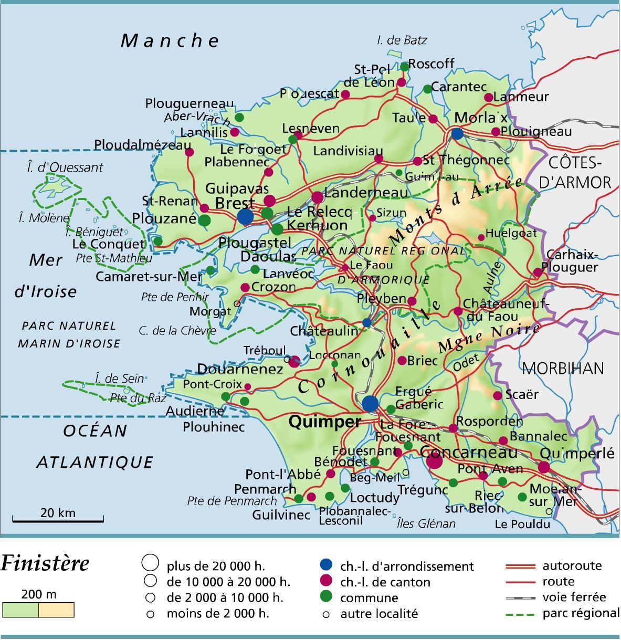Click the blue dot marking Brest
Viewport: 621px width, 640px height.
pos(245,216)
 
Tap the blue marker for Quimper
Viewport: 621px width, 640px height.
pos(370,403)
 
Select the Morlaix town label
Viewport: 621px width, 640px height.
pos(480,117)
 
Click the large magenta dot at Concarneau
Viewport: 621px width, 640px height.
pos(434,461)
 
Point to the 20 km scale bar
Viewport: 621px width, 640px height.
pos(58,520)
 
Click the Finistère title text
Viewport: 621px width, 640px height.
pos(45,564)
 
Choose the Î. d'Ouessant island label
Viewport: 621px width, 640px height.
pos(65,167)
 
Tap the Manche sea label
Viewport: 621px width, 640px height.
pos(170,40)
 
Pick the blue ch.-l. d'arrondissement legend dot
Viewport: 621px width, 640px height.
pos(326,565)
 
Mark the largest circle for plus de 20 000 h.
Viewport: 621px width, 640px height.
pos(150,563)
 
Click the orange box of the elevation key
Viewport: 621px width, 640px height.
pos(56,610)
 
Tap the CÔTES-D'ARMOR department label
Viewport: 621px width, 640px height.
pos(575,172)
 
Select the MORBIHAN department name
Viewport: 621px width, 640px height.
pos(563,368)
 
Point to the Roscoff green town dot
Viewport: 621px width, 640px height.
pos(404,67)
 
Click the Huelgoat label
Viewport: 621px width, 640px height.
pos(511,233)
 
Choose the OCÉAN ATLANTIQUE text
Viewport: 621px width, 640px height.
pos(95,446)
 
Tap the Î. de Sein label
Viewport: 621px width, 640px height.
pos(119,379)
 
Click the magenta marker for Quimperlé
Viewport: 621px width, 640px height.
pos(544,467)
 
